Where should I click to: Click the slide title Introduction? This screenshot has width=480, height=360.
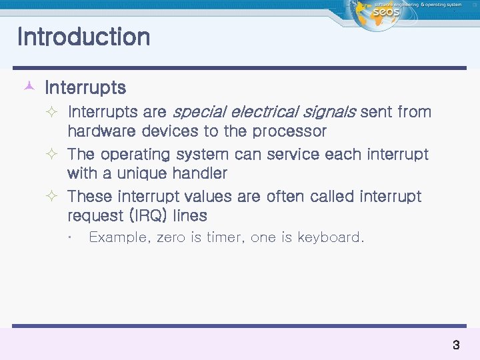(x=83, y=37)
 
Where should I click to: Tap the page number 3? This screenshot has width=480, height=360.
(x=456, y=345)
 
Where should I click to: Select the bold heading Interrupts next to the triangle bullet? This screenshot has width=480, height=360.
(x=85, y=87)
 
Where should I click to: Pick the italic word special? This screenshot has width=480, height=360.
(x=197, y=112)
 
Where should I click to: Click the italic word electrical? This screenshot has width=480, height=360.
(x=259, y=112)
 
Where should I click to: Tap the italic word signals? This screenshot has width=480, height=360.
(x=327, y=112)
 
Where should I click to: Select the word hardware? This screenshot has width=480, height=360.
(x=99, y=131)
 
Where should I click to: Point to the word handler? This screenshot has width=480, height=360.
(x=199, y=173)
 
